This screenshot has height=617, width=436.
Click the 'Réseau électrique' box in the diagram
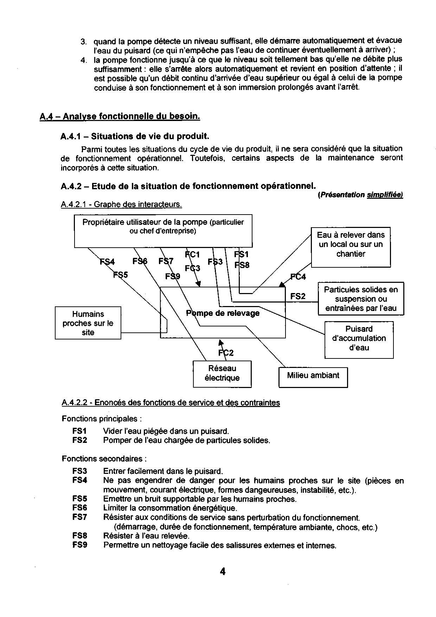222,374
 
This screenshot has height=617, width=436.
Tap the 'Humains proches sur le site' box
88,323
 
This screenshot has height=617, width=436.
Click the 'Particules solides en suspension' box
361,299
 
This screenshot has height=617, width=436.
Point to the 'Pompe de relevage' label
223,313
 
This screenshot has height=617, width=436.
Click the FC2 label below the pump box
226,353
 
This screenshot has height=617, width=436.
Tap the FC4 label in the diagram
298,277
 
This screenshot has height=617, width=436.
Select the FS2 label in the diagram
298,297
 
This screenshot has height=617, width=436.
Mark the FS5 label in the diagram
120,274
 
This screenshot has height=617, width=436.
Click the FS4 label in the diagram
107,262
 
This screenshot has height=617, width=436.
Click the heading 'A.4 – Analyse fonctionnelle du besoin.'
120,116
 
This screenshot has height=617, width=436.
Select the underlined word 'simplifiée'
384,195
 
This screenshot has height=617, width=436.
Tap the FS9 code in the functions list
80,545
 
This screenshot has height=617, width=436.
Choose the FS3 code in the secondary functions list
80,471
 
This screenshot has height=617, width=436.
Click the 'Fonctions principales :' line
102,419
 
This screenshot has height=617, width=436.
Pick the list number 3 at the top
83,42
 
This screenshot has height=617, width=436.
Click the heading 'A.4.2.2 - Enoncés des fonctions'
171,403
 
